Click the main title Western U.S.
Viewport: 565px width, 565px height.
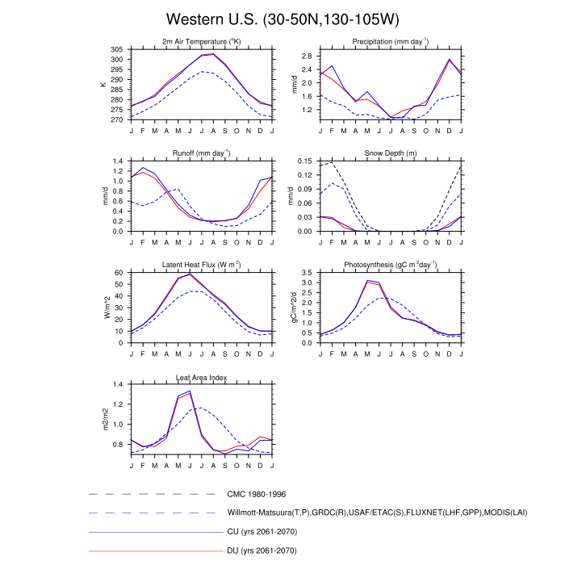coord(282,19)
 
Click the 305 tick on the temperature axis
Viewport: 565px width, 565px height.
coord(117,50)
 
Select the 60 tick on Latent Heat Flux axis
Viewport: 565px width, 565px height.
coord(120,273)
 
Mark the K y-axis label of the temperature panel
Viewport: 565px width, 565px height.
coord(103,84)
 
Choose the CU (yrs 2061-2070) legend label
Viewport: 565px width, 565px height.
coord(263,532)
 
